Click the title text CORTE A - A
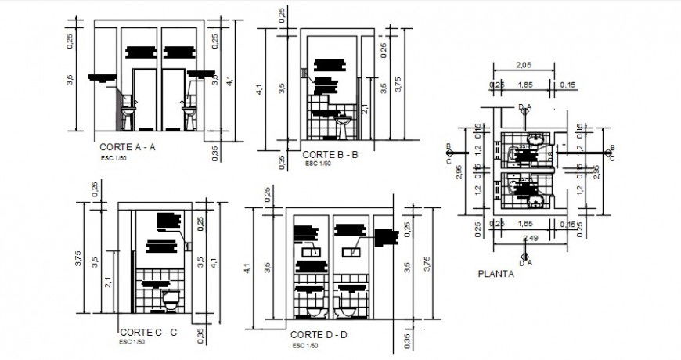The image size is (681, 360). click(x=128, y=146)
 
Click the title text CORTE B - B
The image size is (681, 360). click(x=330, y=155)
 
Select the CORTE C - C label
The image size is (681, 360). click(x=149, y=333)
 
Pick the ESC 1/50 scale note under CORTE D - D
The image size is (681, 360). click(x=304, y=345)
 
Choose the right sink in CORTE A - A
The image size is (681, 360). click(x=189, y=103)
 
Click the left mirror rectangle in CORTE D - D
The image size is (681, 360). click(x=308, y=252)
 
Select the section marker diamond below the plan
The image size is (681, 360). click(x=524, y=254)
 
